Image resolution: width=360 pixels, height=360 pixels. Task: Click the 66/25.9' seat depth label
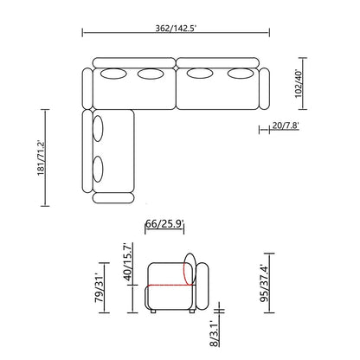[x=164, y=223]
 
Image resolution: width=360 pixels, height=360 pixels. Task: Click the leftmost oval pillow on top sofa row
[x=113, y=74]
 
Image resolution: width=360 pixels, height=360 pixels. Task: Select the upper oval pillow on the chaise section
[x=99, y=126]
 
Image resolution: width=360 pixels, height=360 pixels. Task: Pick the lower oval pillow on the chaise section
[x=99, y=166]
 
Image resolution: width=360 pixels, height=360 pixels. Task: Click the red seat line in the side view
[x=168, y=283]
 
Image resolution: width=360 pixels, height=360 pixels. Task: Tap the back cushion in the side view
[x=199, y=281]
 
